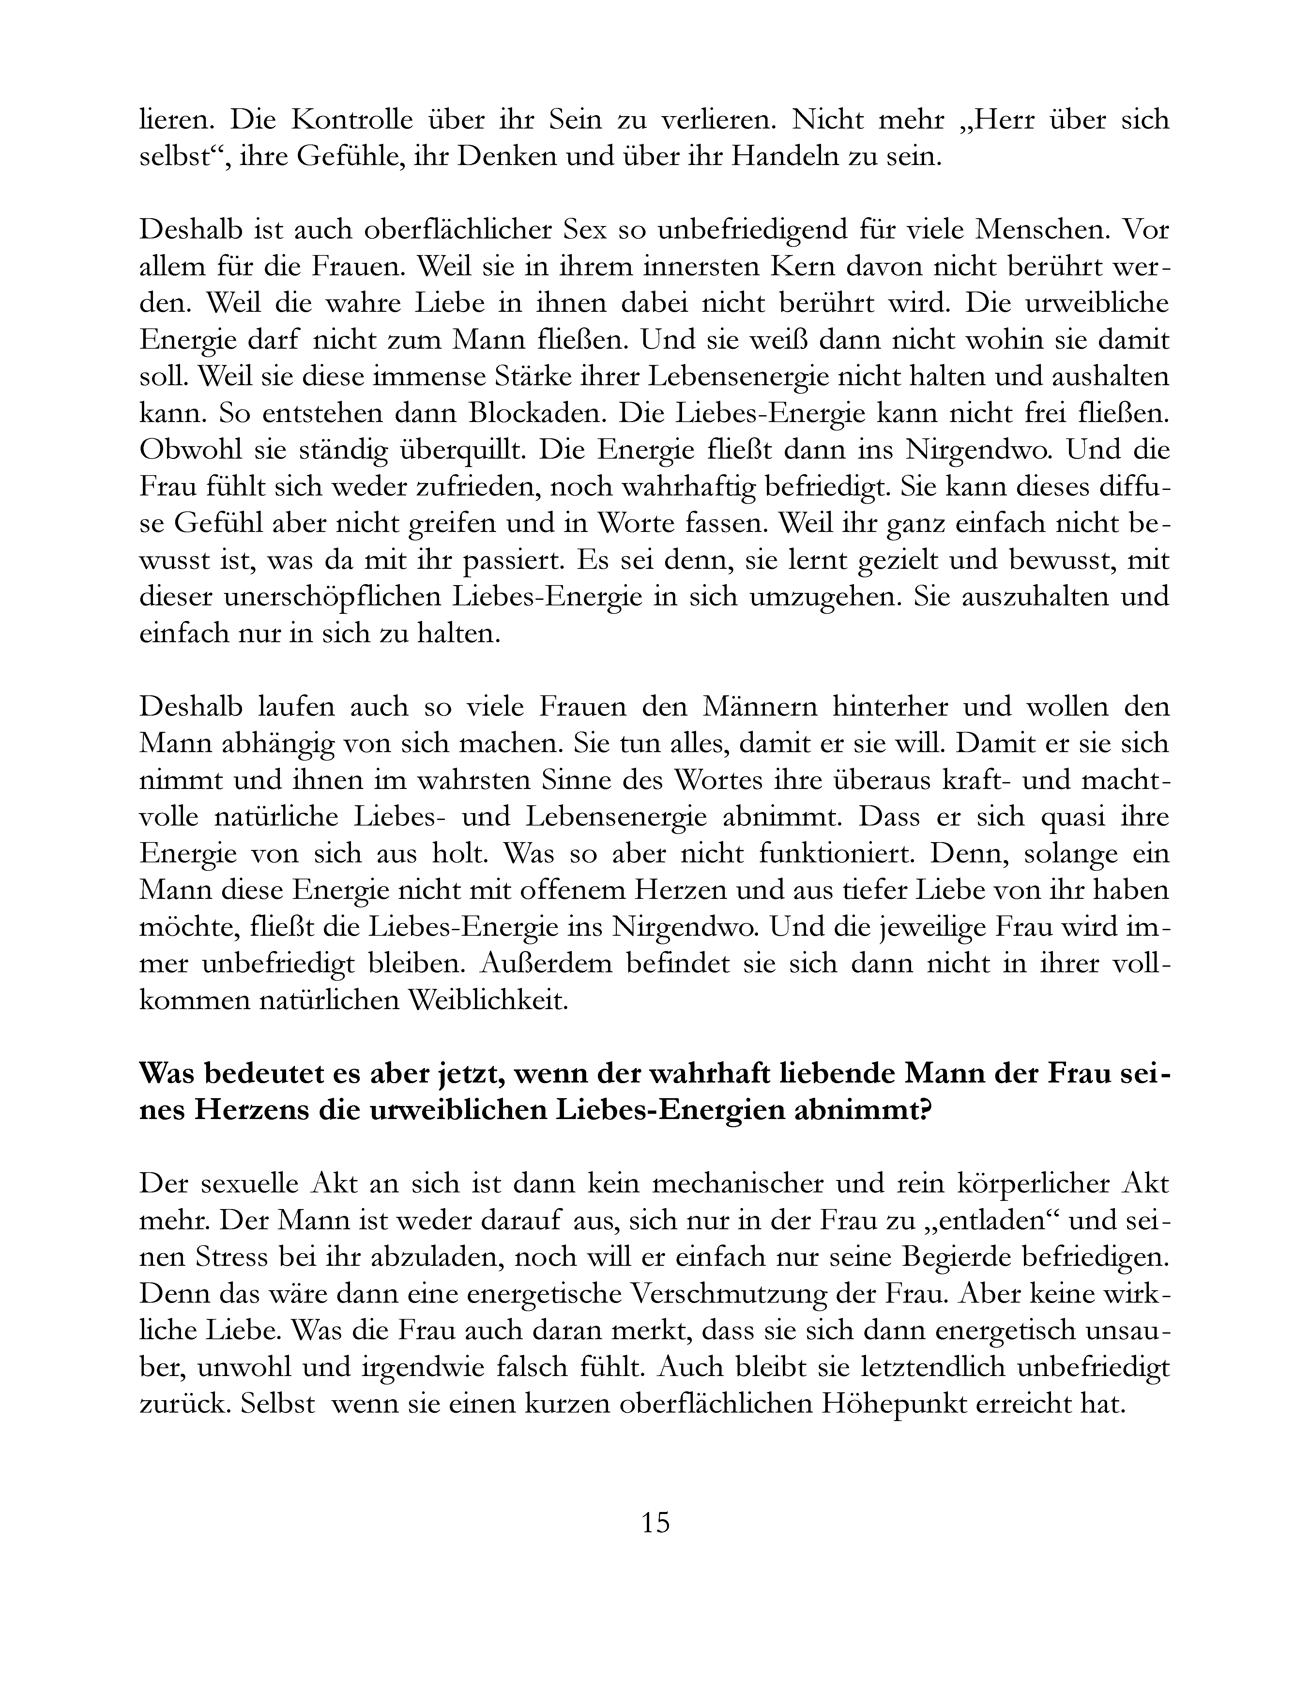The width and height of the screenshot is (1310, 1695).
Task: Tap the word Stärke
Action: click(540, 377)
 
